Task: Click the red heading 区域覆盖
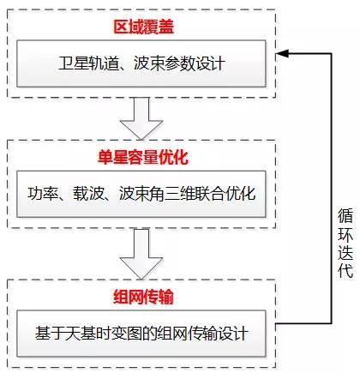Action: [143, 27]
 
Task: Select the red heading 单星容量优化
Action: [143, 157]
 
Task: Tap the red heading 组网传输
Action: [143, 297]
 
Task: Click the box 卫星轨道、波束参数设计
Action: [141, 63]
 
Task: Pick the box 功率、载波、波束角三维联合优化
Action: [141, 194]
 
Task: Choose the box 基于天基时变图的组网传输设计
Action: [141, 334]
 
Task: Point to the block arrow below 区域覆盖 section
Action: [141, 118]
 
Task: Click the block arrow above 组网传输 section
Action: [141, 254]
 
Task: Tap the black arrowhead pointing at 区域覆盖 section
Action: [282, 53]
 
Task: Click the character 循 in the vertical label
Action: [345, 216]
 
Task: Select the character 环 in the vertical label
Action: [345, 234]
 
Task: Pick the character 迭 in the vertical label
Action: [345, 252]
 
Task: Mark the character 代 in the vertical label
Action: [345, 270]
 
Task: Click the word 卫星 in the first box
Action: [74, 63]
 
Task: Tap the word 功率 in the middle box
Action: [43, 194]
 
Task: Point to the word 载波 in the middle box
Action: [88, 194]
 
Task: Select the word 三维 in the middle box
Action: [180, 194]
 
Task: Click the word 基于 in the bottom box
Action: [50, 334]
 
